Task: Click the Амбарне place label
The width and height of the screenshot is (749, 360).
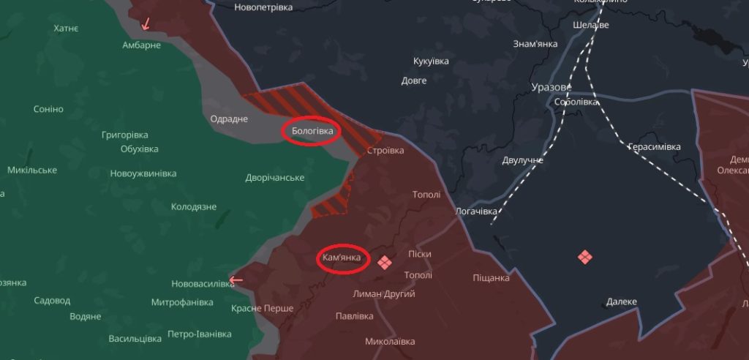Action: [x=141, y=45]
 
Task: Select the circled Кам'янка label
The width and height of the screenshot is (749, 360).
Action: [x=342, y=258]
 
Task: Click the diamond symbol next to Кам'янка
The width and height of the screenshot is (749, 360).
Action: [x=384, y=262]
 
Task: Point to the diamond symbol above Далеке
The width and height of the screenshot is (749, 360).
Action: [x=584, y=257]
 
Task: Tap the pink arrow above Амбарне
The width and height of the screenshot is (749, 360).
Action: [x=146, y=23]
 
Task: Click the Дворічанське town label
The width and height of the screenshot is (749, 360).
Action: [x=275, y=178]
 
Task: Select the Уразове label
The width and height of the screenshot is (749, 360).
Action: [x=551, y=87]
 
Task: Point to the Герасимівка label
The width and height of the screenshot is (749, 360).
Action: [x=654, y=147]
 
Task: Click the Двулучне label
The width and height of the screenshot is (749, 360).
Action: [x=523, y=160]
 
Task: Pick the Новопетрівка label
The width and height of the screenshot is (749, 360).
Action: [x=263, y=7]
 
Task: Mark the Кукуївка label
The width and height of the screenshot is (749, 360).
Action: [x=431, y=61]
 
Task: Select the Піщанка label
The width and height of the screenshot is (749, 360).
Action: [x=491, y=278]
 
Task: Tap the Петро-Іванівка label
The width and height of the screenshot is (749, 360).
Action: [x=199, y=334]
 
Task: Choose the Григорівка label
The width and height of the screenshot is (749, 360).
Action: [x=125, y=135]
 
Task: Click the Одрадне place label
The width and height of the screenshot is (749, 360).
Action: [x=229, y=119]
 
